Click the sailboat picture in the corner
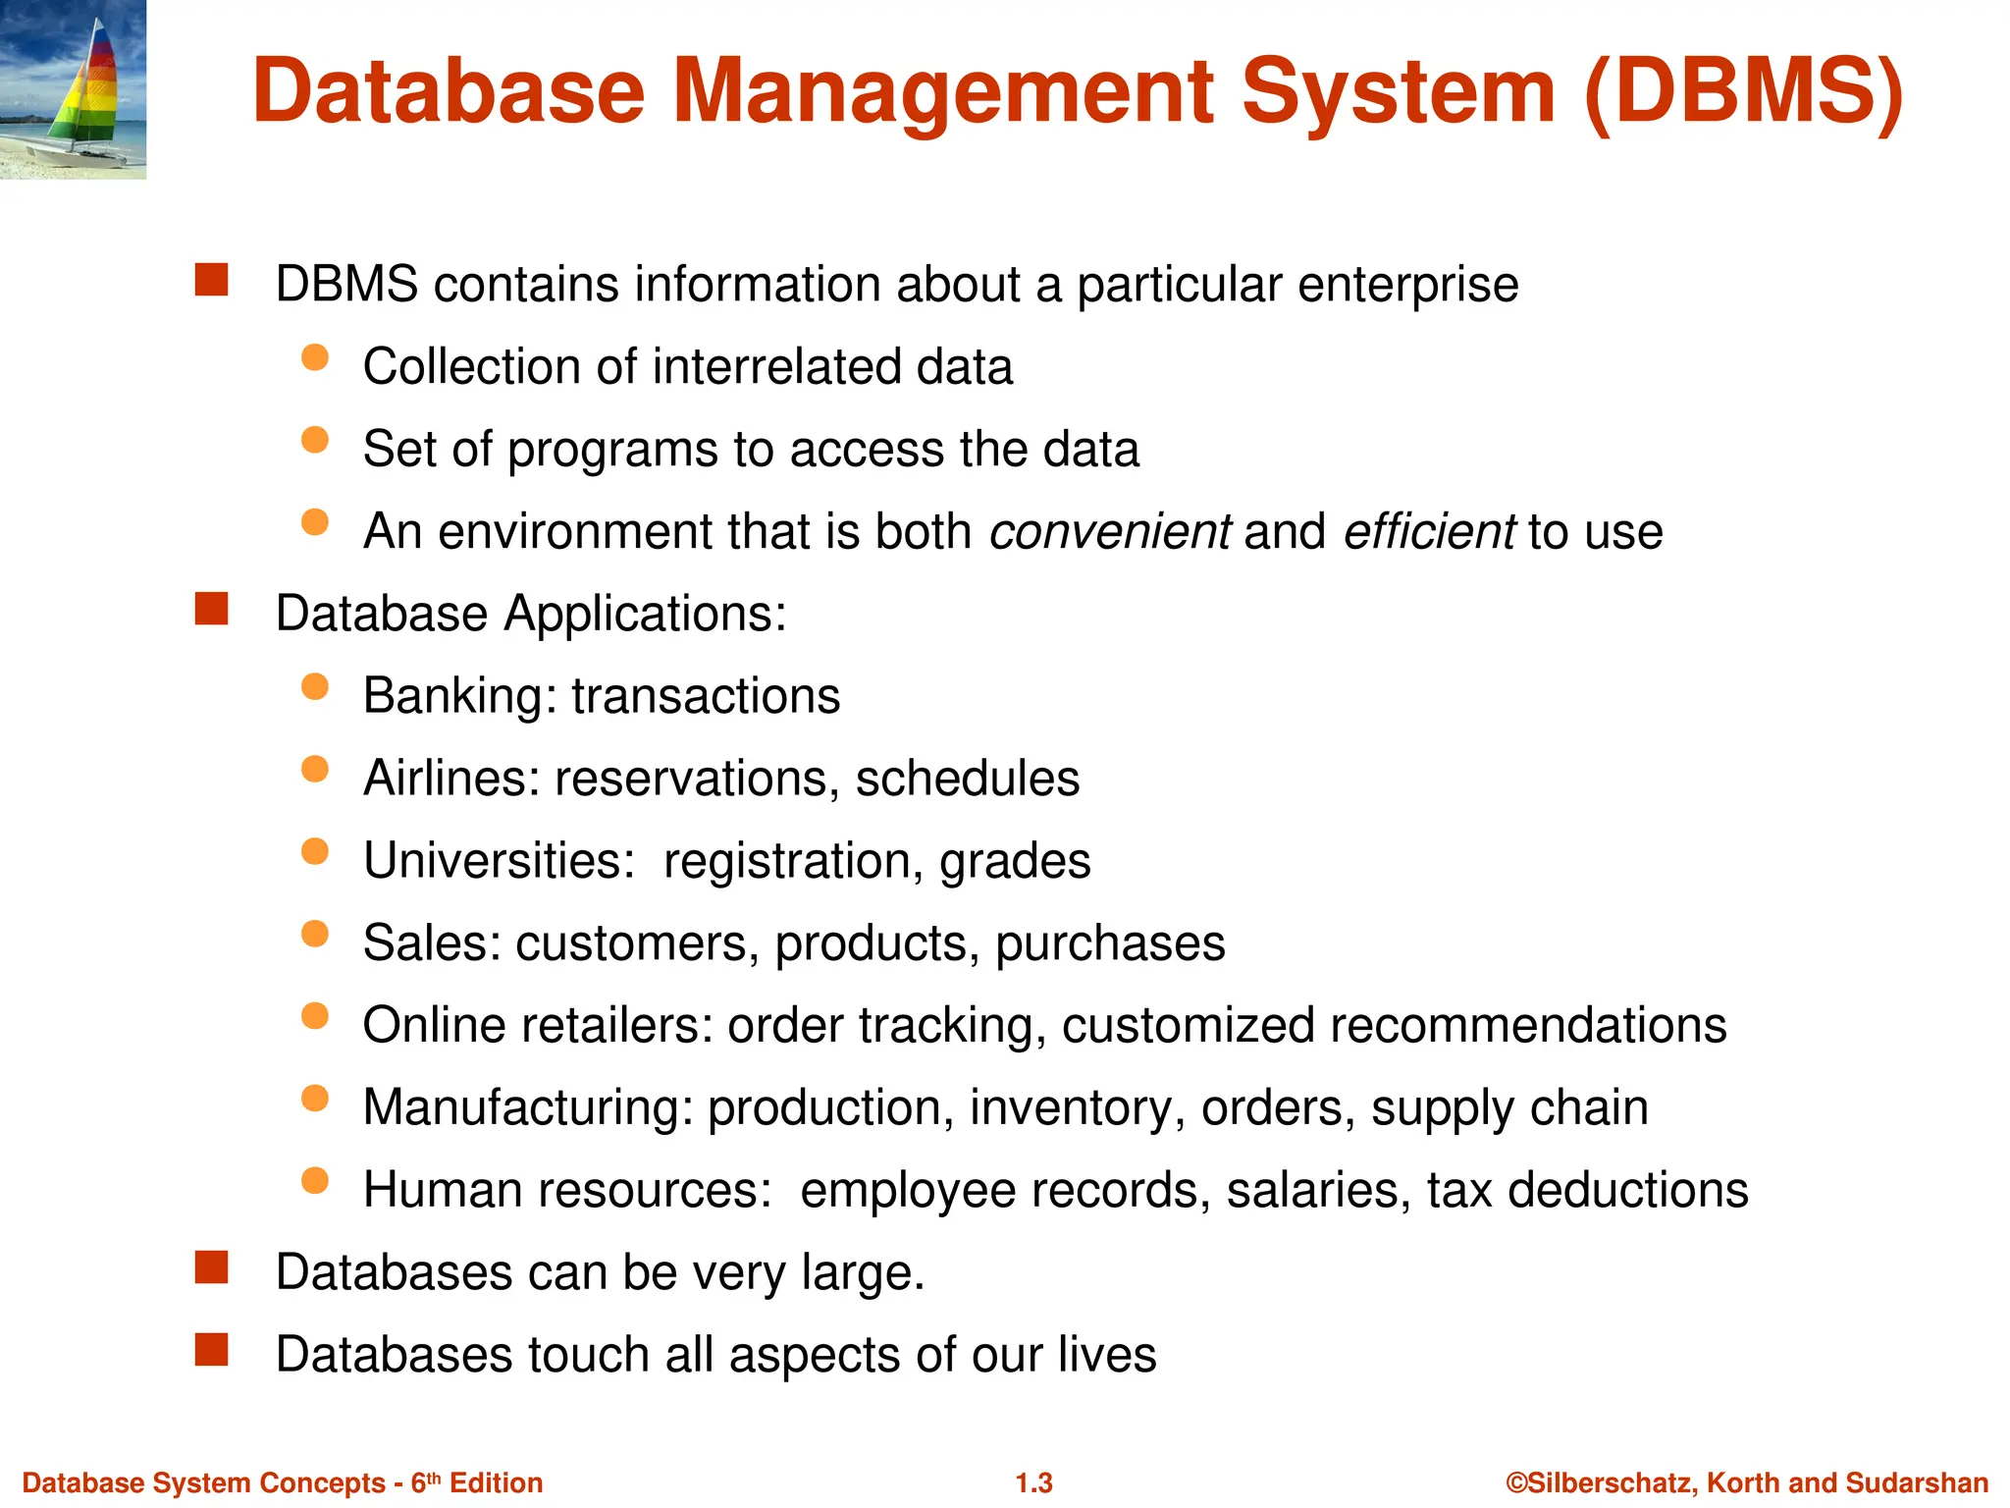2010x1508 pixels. tap(73, 88)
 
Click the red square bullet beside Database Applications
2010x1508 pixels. tap(211, 609)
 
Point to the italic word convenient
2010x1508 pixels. tap(1109, 532)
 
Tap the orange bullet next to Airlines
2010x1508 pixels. tap(315, 769)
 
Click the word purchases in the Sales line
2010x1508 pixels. tap(1110, 944)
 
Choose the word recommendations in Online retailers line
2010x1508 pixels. tap(1527, 1026)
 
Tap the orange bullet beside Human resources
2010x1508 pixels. tap(315, 1180)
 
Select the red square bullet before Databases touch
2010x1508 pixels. tap(211, 1350)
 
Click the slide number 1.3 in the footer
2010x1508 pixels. tap(1033, 1482)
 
